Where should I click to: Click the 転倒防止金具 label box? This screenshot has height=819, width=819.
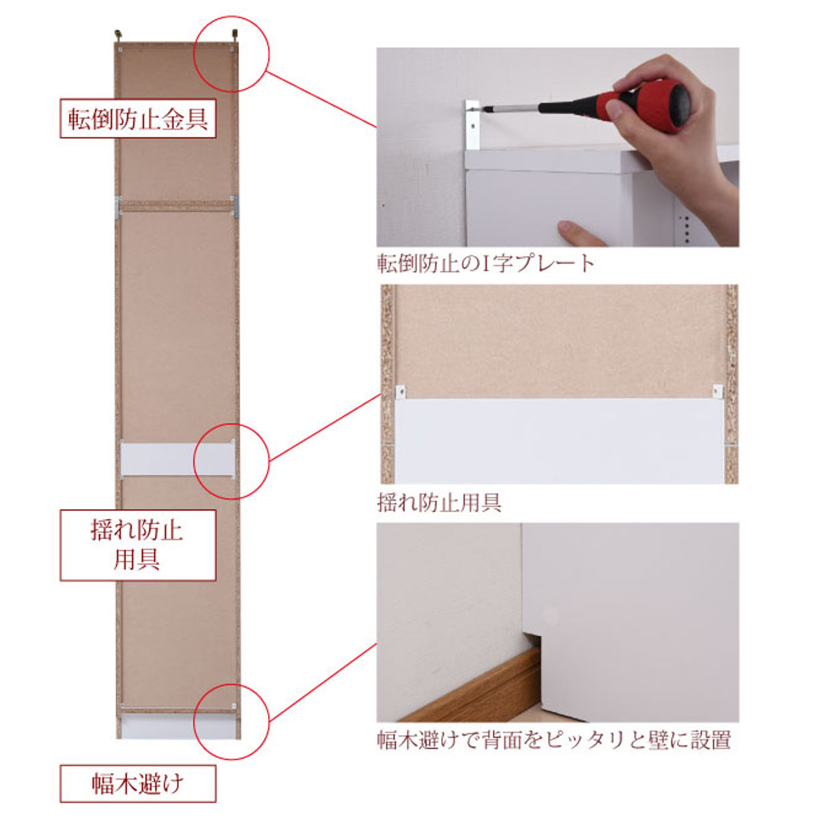pos(137,119)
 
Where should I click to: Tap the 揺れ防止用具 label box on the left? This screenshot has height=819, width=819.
pos(137,545)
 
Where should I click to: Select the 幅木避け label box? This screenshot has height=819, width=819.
pos(137,784)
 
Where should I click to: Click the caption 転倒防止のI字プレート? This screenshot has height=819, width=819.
pos(486,263)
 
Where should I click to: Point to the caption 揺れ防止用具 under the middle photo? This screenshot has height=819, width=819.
pos(440,503)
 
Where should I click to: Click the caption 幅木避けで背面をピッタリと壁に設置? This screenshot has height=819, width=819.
pos(554,740)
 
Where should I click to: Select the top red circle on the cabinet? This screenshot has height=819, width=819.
pos(232,55)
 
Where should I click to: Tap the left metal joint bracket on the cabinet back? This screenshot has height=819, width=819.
pos(118,207)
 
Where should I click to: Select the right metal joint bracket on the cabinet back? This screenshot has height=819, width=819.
pos(235,207)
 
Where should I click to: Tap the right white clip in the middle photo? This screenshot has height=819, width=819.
pos(717,391)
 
